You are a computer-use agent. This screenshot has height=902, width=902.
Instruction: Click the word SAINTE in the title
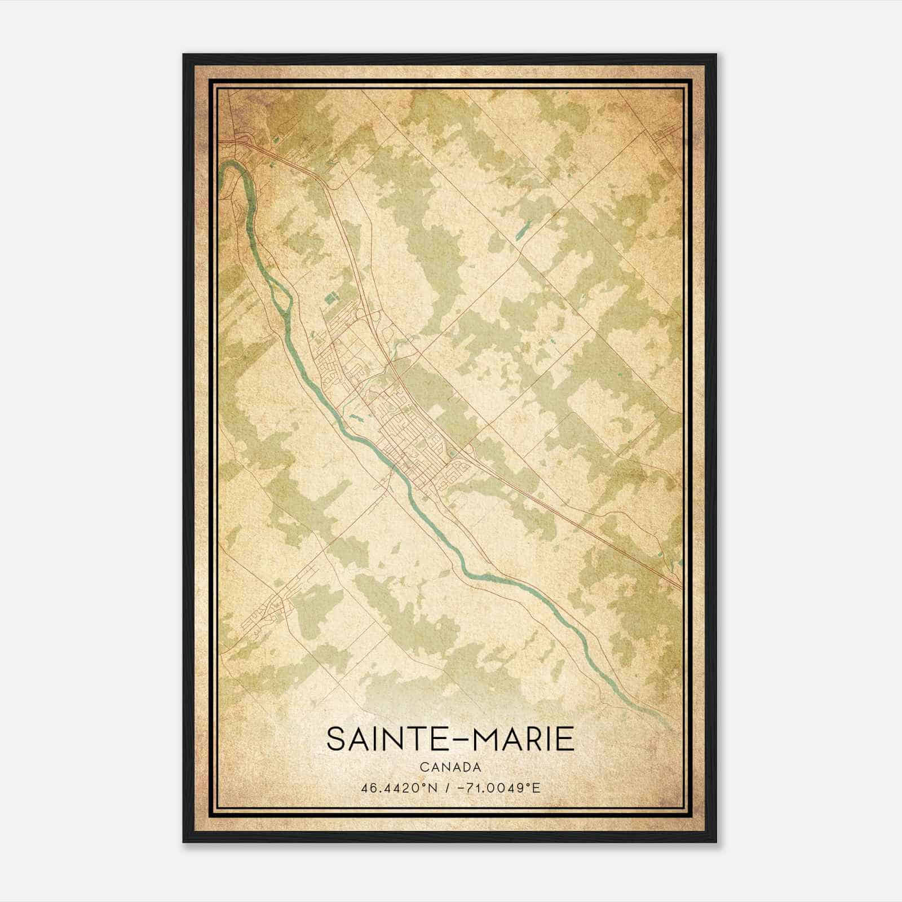383,739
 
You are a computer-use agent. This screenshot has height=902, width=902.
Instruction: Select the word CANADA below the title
450,767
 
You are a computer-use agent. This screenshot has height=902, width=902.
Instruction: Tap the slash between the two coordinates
446,788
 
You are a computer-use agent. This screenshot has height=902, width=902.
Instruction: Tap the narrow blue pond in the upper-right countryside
524,228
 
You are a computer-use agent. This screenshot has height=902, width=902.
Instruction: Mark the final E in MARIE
566,739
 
